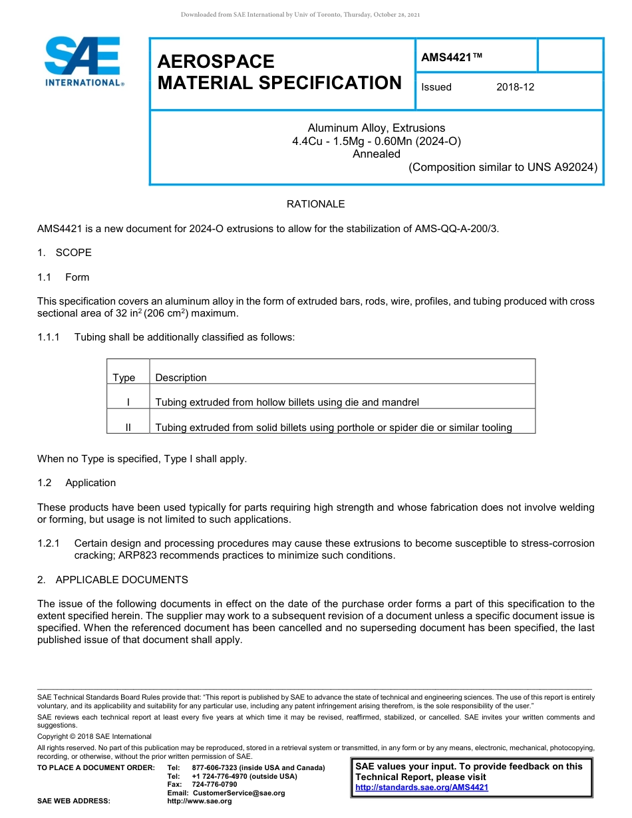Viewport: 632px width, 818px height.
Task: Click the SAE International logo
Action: click(82, 61)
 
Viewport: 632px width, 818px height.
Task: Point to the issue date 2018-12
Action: click(515, 87)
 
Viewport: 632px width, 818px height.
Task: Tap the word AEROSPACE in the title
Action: click(216, 62)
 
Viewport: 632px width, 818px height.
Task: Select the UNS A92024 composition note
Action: click(502, 168)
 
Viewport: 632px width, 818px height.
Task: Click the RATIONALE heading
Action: click(315, 204)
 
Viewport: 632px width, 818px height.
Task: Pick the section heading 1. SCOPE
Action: click(65, 253)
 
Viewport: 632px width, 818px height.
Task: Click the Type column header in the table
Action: click(124, 378)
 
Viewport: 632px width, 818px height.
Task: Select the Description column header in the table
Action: click(181, 378)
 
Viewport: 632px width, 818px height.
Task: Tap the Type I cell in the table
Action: click(128, 402)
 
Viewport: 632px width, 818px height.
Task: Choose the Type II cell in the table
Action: click(128, 428)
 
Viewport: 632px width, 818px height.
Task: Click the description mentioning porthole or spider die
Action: click(333, 428)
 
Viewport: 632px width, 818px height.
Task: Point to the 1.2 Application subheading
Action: click(77, 483)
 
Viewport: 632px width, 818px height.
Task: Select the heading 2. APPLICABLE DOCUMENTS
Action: click(112, 580)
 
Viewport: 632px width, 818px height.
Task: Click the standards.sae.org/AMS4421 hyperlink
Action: click(422, 787)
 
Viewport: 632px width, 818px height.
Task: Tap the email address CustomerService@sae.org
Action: click(238, 793)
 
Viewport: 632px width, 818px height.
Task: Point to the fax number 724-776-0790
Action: click(214, 785)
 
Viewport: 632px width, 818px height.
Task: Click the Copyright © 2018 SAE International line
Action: click(94, 736)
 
